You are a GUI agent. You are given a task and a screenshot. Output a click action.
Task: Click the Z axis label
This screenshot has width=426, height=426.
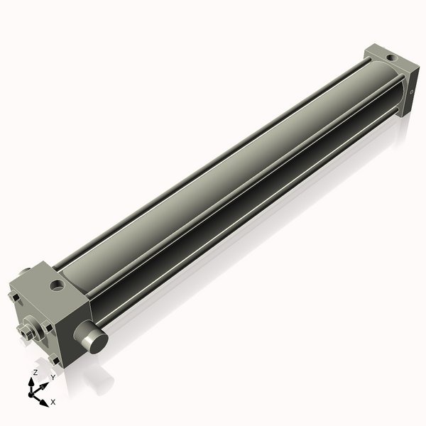coord(35,372)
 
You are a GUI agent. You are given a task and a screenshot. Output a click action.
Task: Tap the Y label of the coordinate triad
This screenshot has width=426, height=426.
coord(52,378)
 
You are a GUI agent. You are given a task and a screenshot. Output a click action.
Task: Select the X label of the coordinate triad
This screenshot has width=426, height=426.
coord(53,402)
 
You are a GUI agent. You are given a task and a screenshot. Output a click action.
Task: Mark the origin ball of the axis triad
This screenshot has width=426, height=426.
coord(33,392)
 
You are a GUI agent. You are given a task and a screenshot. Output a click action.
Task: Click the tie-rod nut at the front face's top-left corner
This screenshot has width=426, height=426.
coord(13,294)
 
